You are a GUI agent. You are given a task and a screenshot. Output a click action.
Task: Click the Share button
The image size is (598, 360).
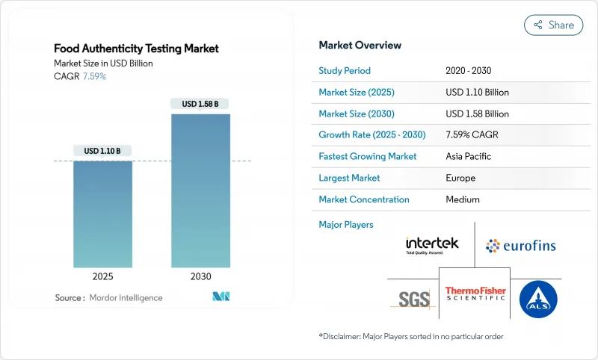pos(553,25)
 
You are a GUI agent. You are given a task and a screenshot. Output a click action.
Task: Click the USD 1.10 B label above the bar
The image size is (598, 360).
pos(102,151)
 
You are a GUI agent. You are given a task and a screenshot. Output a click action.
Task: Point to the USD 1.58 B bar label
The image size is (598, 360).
pos(200,104)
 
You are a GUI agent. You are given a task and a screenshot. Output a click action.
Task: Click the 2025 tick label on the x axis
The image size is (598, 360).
pos(102,276)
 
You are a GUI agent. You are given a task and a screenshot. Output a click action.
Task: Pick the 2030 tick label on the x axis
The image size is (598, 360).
pos(200,276)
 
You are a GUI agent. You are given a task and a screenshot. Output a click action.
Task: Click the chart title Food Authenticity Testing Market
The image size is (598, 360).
pos(136,49)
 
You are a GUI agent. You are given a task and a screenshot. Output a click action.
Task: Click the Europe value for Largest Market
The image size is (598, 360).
pos(460,178)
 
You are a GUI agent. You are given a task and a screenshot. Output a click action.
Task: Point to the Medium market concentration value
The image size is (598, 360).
pos(463,199)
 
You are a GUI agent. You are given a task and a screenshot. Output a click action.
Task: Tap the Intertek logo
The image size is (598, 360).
pos(432,245)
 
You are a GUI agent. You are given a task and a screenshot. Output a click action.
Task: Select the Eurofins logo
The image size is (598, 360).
pos(520,245)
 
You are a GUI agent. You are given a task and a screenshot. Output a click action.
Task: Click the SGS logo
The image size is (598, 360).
pos(413,299)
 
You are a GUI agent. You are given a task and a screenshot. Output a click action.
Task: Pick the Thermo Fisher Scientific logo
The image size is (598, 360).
pos(475,294)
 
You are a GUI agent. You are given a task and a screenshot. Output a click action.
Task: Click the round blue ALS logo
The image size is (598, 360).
pos(538,299)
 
